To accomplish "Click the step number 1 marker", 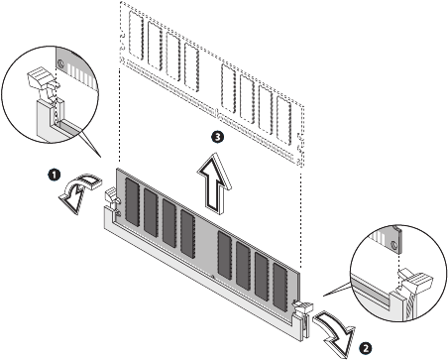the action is [55, 174].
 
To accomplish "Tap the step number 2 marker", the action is [366, 348].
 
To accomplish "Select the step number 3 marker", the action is [217, 137].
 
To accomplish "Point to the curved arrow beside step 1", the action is [76, 191].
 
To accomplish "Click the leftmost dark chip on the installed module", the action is [132, 202].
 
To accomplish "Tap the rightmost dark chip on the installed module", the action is [280, 287].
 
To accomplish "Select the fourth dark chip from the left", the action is [187, 234].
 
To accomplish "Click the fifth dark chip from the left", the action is [225, 256].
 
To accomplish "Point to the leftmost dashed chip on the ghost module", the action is [136, 36].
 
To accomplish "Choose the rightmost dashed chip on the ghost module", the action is [284, 121].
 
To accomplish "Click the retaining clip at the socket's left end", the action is [112, 198].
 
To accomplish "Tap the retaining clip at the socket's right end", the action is [302, 309].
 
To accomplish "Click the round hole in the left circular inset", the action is [60, 62].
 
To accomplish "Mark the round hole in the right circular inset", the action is [393, 245].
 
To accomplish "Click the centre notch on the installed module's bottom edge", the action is [212, 276].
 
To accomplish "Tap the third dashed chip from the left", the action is [173, 57].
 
